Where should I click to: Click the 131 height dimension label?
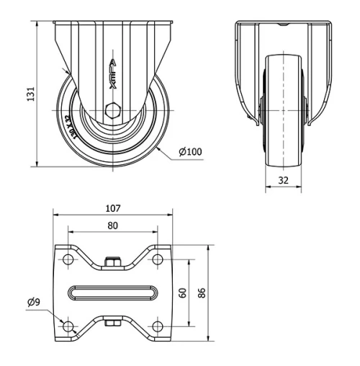pos(30,94)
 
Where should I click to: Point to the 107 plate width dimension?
pos(112,208)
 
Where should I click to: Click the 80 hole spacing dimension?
pos(112,225)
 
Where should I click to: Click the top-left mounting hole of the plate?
pos(68,259)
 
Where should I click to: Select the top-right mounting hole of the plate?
pos(156,259)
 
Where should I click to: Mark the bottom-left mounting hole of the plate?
pos(68,327)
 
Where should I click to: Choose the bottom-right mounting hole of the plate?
pos(156,327)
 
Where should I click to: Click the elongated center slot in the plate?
pos(112,293)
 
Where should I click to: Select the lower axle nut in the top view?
pos(112,323)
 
